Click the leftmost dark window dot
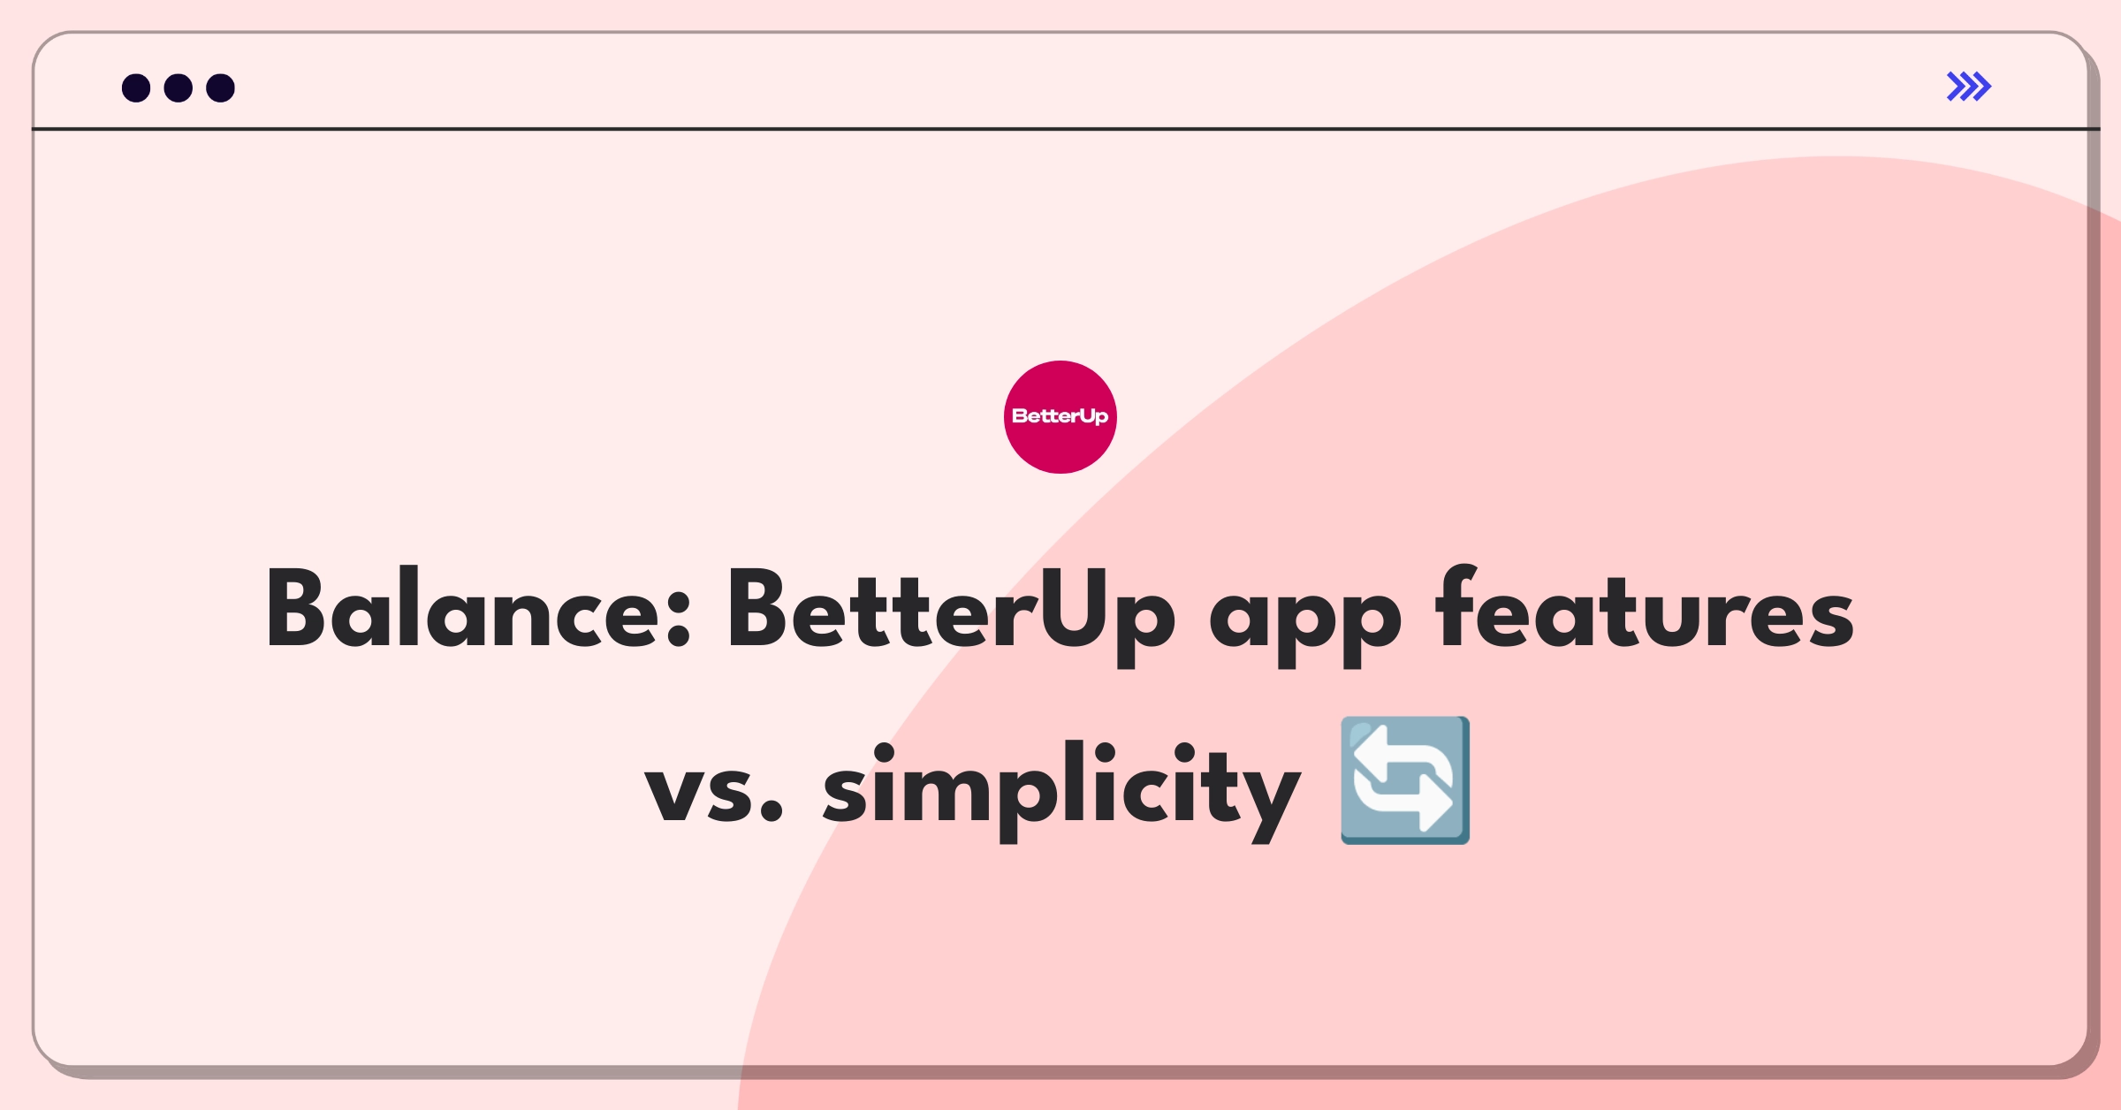tap(136, 87)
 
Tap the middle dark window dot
tap(179, 87)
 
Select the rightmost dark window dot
tap(221, 87)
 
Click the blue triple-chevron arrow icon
tap(1969, 87)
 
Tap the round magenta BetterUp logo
tap(1060, 417)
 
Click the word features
tap(1645, 607)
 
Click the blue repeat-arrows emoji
tap(1405, 780)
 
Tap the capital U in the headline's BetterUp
tap(1072, 609)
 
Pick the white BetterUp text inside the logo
tap(1060, 416)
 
